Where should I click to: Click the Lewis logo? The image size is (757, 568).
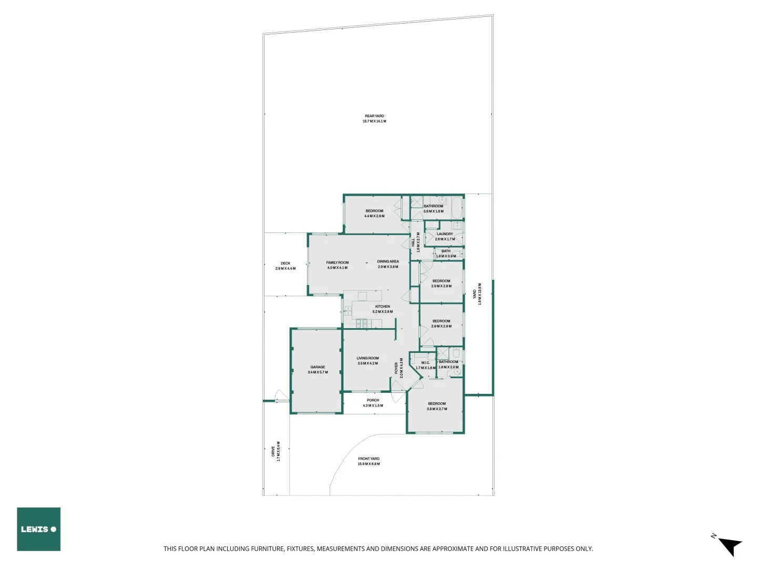tap(38, 529)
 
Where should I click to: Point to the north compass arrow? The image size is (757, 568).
tap(729, 546)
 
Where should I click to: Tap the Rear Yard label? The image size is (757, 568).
tap(374, 116)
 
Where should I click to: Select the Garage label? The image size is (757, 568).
tap(318, 367)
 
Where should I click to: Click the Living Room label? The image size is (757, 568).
tap(367, 358)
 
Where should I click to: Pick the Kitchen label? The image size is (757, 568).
tap(383, 307)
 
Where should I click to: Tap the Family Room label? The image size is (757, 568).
tap(337, 262)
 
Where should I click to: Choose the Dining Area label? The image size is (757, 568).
tap(388, 261)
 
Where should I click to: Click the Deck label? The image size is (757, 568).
tap(285, 263)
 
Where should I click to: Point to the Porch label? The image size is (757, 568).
tap(373, 400)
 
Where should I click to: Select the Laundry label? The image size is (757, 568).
tap(445, 234)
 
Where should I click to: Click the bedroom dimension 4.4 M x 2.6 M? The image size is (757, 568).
tap(374, 216)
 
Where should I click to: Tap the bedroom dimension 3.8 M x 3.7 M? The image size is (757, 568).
tap(437, 409)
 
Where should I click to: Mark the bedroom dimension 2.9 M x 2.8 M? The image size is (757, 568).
tap(442, 286)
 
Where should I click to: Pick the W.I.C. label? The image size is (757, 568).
tap(425, 363)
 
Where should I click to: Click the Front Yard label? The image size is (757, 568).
tap(369, 459)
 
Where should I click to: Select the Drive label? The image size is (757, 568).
tap(273, 451)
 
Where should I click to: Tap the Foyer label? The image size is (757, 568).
tap(396, 368)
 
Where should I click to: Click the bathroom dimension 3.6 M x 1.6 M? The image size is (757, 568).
tap(434, 211)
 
